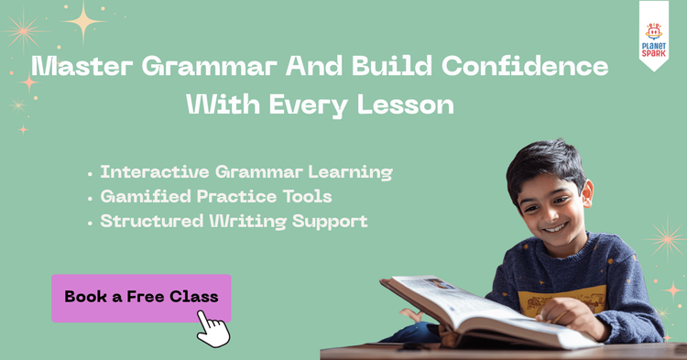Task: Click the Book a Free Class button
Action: pyautogui.click(x=141, y=298)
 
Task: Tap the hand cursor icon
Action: pyautogui.click(x=213, y=327)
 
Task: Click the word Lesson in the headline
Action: pyautogui.click(x=407, y=105)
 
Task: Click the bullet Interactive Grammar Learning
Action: pyautogui.click(x=245, y=172)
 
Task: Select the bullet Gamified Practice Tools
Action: pyautogui.click(x=215, y=196)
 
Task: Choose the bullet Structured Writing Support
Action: pyautogui.click(x=234, y=221)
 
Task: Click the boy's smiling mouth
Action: pyautogui.click(x=555, y=227)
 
